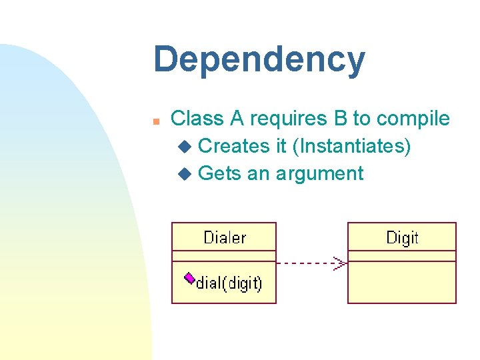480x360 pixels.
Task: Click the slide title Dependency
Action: (259, 60)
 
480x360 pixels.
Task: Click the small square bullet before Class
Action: (155, 121)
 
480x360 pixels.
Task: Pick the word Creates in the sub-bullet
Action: (234, 146)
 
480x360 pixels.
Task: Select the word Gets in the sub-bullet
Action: (220, 174)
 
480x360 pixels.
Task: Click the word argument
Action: (319, 174)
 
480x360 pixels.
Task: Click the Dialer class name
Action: (224, 237)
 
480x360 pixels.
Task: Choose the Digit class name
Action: (402, 237)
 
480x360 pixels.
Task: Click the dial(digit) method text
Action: (229, 283)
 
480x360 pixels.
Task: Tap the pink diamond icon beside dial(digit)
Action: (189, 277)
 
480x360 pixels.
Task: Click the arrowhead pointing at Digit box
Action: (341, 263)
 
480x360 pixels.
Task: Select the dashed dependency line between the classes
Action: (307, 263)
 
